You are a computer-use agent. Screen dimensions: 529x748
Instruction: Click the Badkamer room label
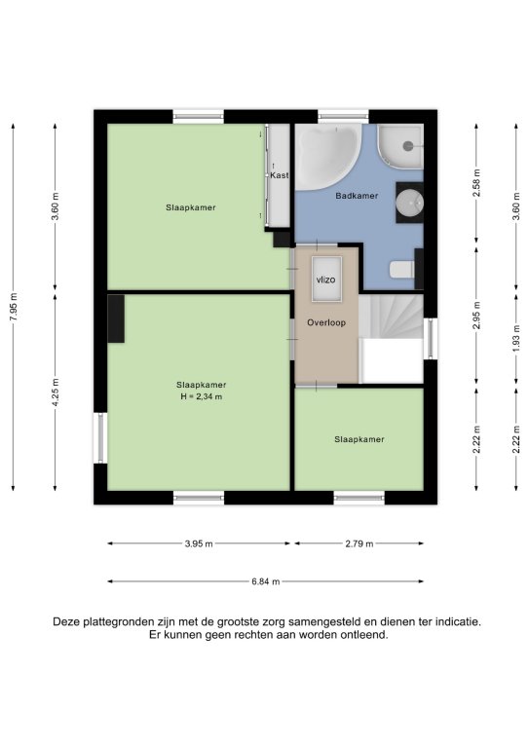tap(357, 196)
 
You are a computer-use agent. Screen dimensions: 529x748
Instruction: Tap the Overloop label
tap(326, 322)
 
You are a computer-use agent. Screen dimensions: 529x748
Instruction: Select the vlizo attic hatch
tap(326, 280)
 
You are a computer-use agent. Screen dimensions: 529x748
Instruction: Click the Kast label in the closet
tap(280, 175)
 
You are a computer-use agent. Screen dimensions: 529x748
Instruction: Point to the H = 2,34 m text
tap(202, 396)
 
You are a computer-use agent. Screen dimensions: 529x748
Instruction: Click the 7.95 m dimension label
tap(14, 306)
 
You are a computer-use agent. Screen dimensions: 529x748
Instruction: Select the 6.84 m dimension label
tap(266, 581)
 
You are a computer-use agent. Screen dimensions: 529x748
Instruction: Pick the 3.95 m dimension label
tap(199, 543)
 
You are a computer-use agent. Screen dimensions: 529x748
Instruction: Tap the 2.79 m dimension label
tap(359, 543)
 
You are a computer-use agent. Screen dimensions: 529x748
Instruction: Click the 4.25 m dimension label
tap(56, 393)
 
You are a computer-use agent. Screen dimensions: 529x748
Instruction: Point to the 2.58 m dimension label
tap(476, 183)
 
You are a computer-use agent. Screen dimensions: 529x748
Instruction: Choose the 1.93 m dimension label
tap(516, 338)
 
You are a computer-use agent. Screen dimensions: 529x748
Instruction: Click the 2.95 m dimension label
tap(476, 316)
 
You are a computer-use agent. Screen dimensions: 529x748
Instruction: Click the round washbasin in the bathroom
tap(409, 203)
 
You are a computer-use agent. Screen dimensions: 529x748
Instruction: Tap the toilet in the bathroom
tap(401, 270)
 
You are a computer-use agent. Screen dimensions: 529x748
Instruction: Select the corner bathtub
tap(326, 155)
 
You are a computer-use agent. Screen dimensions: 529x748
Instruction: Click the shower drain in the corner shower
tap(408, 146)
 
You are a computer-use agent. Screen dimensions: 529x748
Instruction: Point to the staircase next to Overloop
tap(391, 317)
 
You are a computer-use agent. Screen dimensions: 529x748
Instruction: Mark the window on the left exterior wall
tap(100, 438)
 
